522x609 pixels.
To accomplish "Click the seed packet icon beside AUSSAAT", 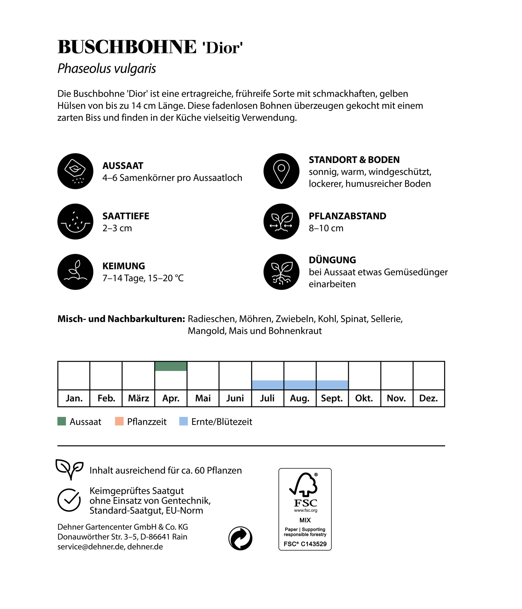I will [75, 171].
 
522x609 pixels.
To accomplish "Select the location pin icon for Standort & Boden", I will [281, 171].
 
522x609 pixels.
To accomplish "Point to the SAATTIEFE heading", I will [126, 216].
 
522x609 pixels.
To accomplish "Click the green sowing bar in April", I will [171, 366].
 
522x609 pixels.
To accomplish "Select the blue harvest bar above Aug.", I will [300, 385].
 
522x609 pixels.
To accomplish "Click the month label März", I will [138, 398].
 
